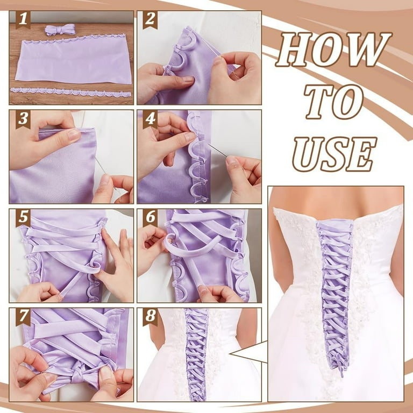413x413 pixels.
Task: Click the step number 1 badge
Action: click(22, 20)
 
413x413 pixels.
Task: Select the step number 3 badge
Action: click(22, 119)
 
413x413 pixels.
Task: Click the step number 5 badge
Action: click(22, 218)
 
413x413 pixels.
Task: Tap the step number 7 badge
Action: click(22, 317)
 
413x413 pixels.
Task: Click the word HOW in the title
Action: click(333, 50)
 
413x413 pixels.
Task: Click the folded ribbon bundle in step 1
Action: click(56, 30)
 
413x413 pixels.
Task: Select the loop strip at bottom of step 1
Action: click(70, 92)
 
